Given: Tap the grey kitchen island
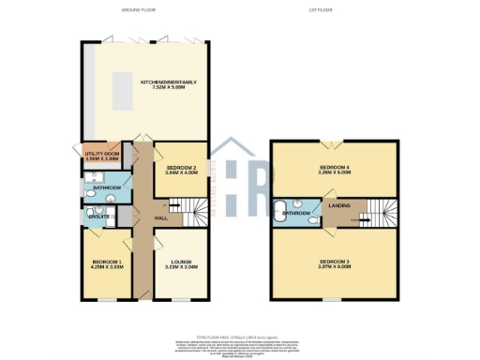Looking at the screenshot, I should (x=121, y=90).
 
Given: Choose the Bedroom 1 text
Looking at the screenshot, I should (x=105, y=262).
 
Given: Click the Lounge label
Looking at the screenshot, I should (x=181, y=262).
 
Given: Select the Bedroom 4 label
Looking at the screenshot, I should (x=335, y=168).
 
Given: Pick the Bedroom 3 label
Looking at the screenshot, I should (x=335, y=262).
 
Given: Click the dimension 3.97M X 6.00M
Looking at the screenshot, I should (x=335, y=268).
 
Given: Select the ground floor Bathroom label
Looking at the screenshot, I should (x=107, y=187).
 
